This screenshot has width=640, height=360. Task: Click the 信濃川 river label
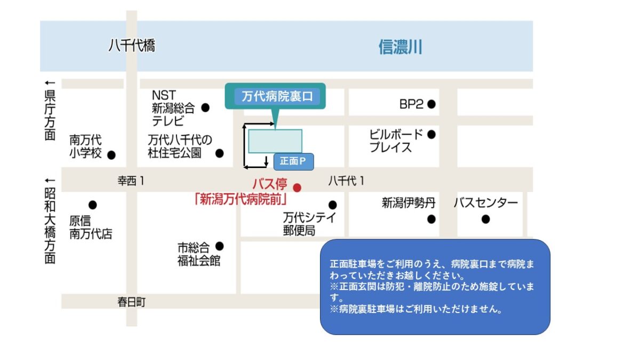click(x=400, y=47)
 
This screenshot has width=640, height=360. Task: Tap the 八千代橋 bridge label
click(x=132, y=46)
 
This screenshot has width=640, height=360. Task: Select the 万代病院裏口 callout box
click(x=275, y=97)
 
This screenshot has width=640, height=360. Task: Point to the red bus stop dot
click(x=298, y=187)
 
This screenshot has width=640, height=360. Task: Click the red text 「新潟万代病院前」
click(x=242, y=199)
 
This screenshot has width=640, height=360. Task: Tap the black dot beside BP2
click(x=431, y=105)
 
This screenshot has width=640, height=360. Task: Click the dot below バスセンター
click(x=485, y=219)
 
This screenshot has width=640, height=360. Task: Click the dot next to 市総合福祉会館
click(x=219, y=246)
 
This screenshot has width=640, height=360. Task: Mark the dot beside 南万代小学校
click(x=111, y=155)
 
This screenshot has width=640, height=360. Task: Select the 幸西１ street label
click(x=131, y=181)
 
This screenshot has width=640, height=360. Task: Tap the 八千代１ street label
click(x=347, y=181)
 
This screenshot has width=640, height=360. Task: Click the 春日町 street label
click(x=131, y=302)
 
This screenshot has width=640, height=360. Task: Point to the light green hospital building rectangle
click(x=275, y=141)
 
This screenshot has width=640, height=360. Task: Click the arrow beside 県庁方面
click(x=50, y=83)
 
